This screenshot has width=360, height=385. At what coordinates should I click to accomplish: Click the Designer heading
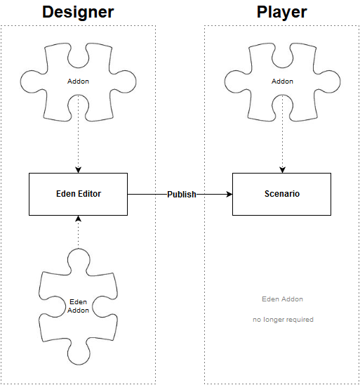[x=78, y=12]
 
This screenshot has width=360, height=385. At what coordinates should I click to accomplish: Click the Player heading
[x=282, y=12]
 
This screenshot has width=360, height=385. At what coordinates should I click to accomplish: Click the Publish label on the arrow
[x=182, y=195]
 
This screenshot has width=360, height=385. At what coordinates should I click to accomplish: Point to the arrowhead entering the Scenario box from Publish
[x=229, y=195]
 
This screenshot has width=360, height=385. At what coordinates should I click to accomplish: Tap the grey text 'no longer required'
[x=283, y=320]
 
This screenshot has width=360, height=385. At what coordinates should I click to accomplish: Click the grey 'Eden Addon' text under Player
[x=282, y=299]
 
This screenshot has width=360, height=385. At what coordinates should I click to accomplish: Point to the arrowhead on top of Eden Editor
[x=78, y=170]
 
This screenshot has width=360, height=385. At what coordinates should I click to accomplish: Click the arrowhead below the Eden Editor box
[x=78, y=218]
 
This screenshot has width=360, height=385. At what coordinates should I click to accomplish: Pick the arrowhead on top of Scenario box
[x=282, y=170]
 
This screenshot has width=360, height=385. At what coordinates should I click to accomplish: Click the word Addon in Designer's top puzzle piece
[x=78, y=81]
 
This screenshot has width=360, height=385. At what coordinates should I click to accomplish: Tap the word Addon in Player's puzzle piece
[x=282, y=81]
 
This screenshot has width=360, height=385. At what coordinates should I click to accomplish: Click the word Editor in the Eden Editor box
[x=89, y=194]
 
